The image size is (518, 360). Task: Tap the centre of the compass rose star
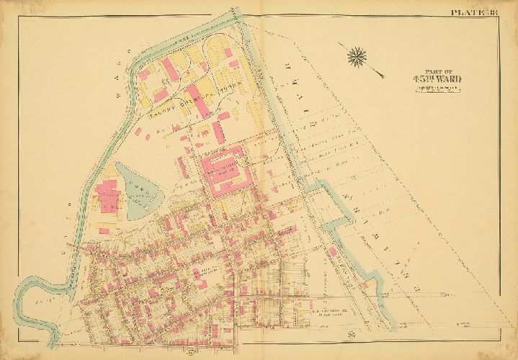coord(357,54)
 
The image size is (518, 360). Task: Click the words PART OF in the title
coord(426,72)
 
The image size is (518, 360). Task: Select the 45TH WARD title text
coord(426,80)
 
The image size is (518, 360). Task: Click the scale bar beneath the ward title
coord(426,88)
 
